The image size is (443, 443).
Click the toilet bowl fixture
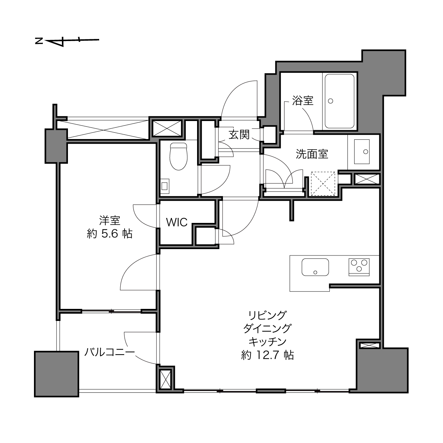pyautogui.click(x=178, y=156)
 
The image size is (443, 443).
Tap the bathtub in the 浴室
pyautogui.click(x=339, y=101)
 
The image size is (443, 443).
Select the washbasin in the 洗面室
pyautogui.click(x=362, y=152)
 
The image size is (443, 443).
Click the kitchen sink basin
pyautogui.click(x=315, y=267)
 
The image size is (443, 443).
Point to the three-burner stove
pyautogui.click(x=359, y=267)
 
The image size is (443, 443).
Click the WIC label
pyautogui.click(x=177, y=222)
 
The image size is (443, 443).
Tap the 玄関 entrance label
pyautogui.click(x=239, y=134)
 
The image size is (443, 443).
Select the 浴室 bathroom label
pyautogui.click(x=303, y=100)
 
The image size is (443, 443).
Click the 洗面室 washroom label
pyautogui.click(x=312, y=154)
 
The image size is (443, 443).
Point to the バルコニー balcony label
pyautogui.click(x=109, y=352)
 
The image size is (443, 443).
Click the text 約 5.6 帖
pyautogui.click(x=110, y=234)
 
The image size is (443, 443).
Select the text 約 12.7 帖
pyautogui.click(x=267, y=355)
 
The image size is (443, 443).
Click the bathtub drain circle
pyautogui.click(x=330, y=101)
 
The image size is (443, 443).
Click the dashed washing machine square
pyautogui.click(x=323, y=184)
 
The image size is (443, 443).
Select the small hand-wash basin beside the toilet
pyautogui.click(x=165, y=186)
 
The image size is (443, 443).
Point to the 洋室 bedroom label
pyautogui.click(x=110, y=220)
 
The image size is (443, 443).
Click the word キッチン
pyautogui.click(x=267, y=342)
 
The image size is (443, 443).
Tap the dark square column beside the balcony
pyautogui.click(x=57, y=378)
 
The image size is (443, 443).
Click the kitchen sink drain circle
pyautogui.click(x=315, y=272)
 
